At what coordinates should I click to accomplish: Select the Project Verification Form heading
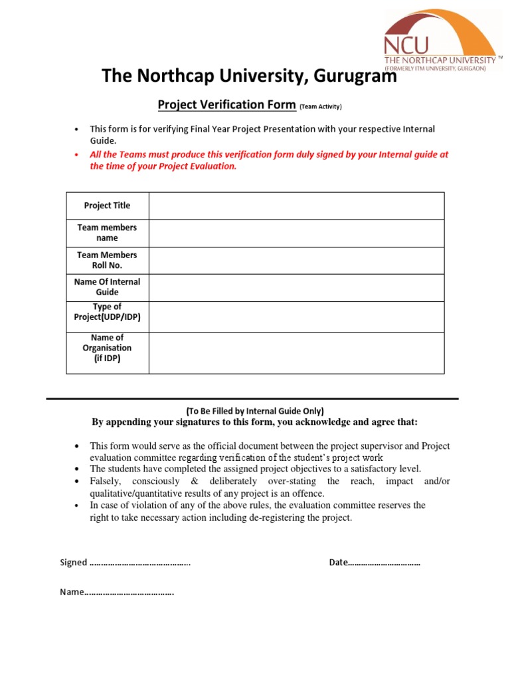(226, 104)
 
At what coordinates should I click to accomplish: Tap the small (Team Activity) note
(321, 106)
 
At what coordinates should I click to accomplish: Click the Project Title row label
(107, 205)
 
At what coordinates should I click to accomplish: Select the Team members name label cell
(107, 233)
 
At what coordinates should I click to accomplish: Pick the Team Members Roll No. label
(107, 260)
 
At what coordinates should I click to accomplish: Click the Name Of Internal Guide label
(107, 287)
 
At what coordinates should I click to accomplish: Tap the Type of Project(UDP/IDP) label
(107, 313)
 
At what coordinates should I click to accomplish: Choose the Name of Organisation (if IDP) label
(107, 348)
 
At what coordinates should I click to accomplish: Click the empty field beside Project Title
(296, 205)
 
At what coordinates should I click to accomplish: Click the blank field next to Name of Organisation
(296, 352)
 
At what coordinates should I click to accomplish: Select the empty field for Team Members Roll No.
(296, 260)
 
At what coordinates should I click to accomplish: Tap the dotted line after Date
(384, 563)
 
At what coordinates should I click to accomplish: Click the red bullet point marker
(77, 154)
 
